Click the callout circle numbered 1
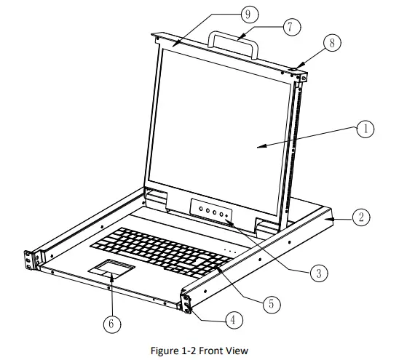[x=365, y=129]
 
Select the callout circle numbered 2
[x=361, y=217]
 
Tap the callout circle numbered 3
[x=319, y=273]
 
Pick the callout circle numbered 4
[x=234, y=320]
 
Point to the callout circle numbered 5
[x=272, y=304]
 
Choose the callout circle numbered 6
[x=112, y=324]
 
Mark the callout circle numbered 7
[x=292, y=27]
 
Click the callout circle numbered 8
[x=332, y=43]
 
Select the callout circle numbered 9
[x=250, y=14]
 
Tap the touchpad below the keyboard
[x=111, y=269]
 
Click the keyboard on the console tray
[x=161, y=252]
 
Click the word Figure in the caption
[x=165, y=351]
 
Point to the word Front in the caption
[x=210, y=351]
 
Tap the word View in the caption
[x=236, y=351]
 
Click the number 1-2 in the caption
[x=189, y=351]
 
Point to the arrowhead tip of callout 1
[x=257, y=148]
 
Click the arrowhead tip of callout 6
[x=111, y=273]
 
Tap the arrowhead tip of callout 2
[x=325, y=219]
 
